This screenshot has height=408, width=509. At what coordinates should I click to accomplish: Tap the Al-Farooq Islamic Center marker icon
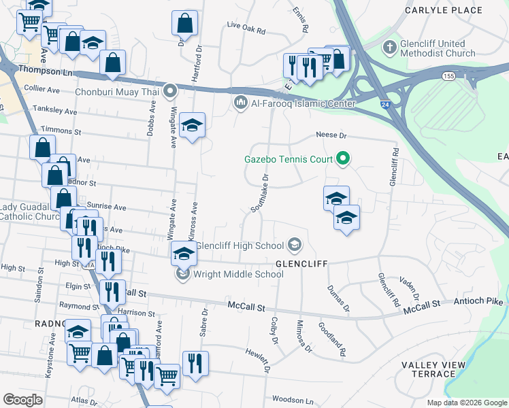(240, 103)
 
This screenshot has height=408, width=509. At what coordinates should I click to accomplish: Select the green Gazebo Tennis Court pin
(343, 160)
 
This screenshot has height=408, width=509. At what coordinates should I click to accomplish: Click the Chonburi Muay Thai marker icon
(169, 89)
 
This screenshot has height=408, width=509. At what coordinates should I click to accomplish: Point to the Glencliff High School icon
(295, 244)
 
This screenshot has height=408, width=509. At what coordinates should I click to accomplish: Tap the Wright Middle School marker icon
(182, 274)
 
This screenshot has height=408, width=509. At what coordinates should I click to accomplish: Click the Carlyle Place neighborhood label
(443, 10)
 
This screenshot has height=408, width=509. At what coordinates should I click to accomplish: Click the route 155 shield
(448, 76)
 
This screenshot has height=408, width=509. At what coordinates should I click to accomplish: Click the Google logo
(22, 399)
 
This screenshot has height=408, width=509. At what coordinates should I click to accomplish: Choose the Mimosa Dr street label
(303, 336)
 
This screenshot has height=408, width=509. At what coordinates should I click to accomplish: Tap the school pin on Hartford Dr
(193, 126)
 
